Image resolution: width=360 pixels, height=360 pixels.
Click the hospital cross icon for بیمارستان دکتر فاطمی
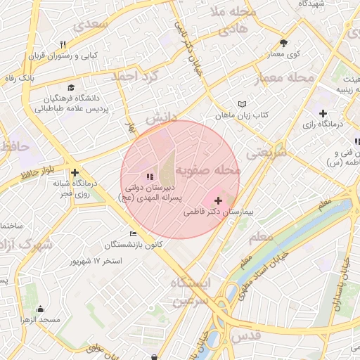217,201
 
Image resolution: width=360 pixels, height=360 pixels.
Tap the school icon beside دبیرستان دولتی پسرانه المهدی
148,176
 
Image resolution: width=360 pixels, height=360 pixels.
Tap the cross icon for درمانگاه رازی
323,113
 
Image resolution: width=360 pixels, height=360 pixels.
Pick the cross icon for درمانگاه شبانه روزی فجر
75,172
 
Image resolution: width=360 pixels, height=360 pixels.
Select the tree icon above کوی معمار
283,42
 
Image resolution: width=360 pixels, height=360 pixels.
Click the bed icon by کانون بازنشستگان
134,233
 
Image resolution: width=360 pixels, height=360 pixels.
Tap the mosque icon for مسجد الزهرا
40,309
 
